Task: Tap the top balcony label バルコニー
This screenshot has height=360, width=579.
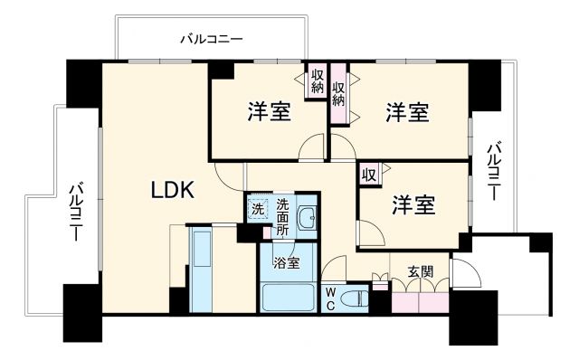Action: tap(211, 39)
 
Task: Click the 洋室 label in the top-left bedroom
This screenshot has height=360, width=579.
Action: tap(270, 113)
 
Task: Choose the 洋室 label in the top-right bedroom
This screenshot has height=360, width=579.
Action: tap(407, 113)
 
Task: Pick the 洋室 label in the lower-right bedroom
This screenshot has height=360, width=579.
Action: tap(413, 205)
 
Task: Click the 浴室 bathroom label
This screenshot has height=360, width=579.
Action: tap(289, 266)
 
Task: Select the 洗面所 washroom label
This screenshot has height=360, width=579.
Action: tap(283, 217)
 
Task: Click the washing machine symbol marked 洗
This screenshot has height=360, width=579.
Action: tap(258, 210)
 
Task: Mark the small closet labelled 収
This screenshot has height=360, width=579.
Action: tap(369, 174)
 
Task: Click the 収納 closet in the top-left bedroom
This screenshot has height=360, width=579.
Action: tap(317, 83)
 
